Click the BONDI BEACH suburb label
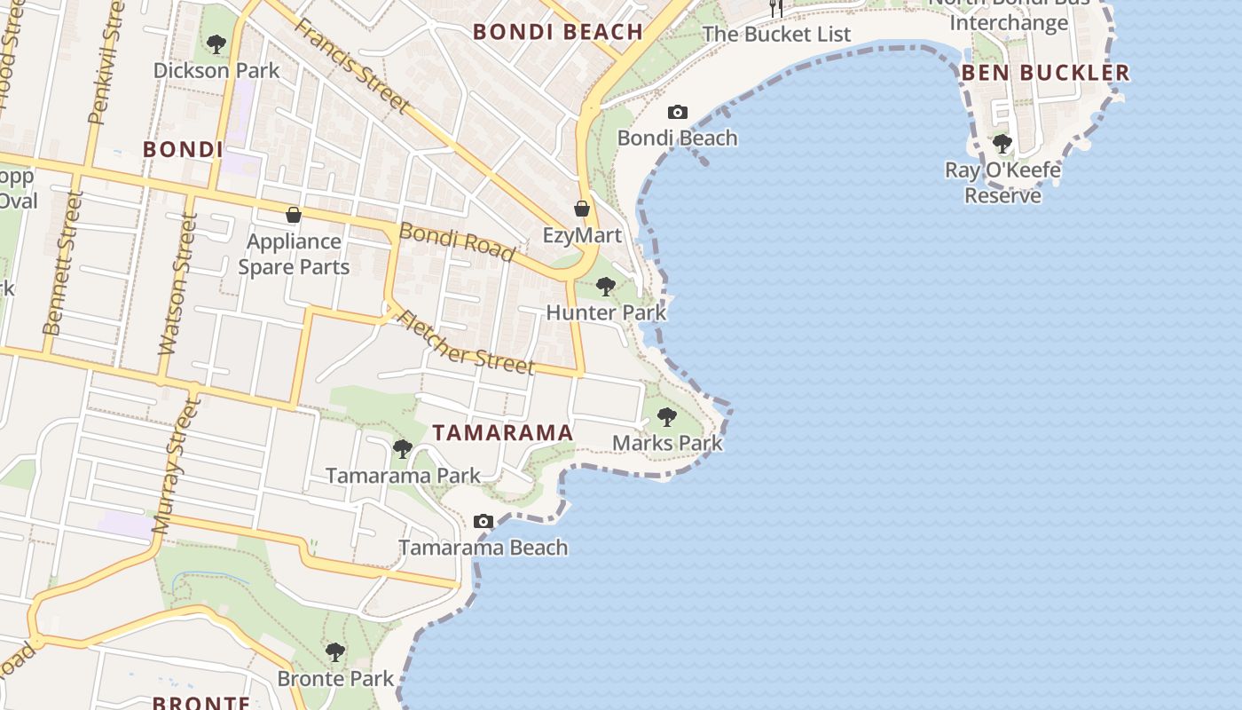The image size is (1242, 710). point(557,32)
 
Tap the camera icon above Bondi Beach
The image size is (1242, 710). point(678,113)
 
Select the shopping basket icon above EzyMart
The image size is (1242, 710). point(582,209)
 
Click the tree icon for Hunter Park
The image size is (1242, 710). point(606,287)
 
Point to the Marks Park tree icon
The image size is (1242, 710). point(667,416)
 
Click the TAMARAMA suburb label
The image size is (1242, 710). point(503,433)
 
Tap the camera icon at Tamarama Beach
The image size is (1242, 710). point(483,521)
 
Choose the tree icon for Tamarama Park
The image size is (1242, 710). point(403,449)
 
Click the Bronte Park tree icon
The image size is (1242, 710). point(335,652)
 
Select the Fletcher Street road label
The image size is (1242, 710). point(467,342)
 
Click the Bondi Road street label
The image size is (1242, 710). point(457,241)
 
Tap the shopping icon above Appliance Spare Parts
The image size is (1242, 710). point(294,215)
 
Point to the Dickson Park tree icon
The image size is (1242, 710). point(216,43)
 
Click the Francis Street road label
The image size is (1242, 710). point(353,67)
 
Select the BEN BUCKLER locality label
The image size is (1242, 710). point(1046,73)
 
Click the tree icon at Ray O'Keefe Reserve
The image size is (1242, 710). point(1002,143)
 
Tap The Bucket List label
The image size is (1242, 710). point(776,35)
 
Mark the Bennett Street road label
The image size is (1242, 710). point(62,264)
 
